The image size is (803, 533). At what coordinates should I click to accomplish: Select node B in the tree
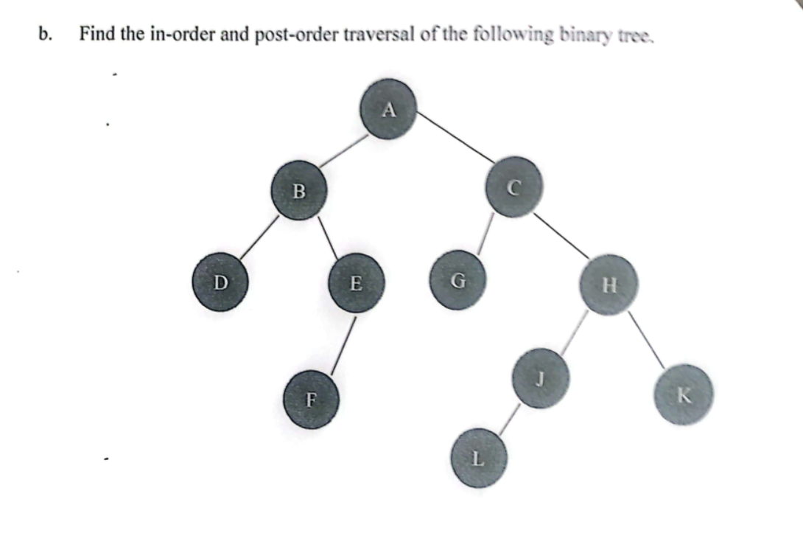tap(298, 191)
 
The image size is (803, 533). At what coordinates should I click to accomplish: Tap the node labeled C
tap(513, 188)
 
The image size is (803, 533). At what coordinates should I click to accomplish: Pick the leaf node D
tap(219, 282)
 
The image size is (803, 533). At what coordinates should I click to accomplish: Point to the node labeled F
tap(311, 400)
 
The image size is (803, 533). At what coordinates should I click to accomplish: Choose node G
tap(457, 281)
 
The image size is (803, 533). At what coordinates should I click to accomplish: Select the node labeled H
tap(608, 285)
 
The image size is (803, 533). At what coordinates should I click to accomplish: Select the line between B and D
tap(259, 237)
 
